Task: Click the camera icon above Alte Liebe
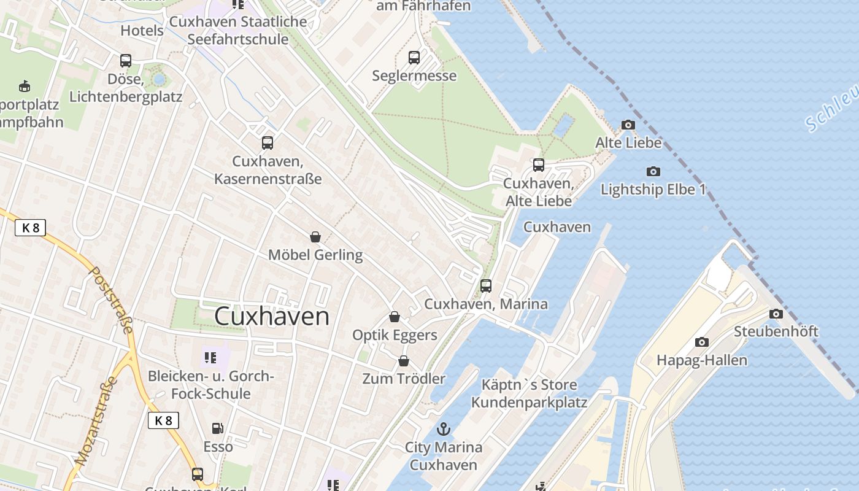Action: [x=628, y=125]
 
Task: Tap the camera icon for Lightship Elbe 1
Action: [x=653, y=172]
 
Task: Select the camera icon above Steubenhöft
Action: [x=776, y=314]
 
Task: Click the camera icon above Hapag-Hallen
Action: [x=702, y=342]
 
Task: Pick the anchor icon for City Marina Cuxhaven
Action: [x=443, y=429]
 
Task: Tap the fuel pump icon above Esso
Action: [x=218, y=428]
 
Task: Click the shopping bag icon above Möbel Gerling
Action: [x=315, y=237]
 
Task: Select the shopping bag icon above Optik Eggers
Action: [x=395, y=317]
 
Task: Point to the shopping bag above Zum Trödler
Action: [x=404, y=361]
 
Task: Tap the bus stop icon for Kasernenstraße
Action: [x=268, y=143]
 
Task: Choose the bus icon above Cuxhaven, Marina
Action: [x=486, y=286]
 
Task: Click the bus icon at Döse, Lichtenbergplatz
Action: [x=126, y=61]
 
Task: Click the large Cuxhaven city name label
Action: [x=272, y=317]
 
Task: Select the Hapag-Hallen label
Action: [x=702, y=360]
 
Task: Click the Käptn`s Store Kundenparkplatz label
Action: [x=529, y=394]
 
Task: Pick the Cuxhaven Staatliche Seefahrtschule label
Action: [x=238, y=31]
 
